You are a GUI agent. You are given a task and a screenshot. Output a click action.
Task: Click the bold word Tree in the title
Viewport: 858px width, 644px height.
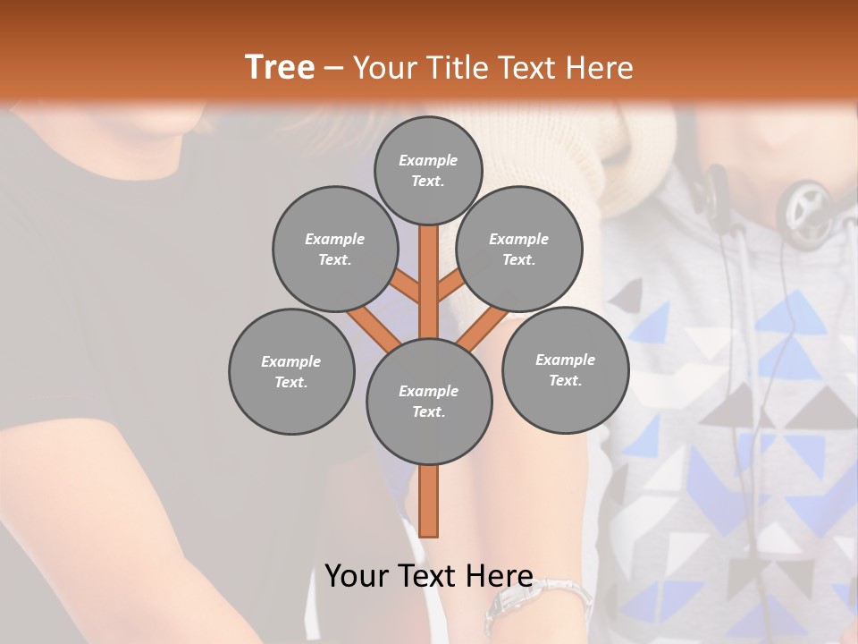280,68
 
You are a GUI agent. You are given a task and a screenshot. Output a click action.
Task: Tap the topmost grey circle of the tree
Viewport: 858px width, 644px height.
428,170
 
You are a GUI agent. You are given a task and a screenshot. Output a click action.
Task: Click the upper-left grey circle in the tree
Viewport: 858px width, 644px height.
334,249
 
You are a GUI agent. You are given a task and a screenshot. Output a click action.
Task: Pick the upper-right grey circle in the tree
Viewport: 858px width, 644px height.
519,249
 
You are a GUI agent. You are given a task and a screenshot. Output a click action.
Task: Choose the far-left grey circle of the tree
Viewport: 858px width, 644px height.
291,371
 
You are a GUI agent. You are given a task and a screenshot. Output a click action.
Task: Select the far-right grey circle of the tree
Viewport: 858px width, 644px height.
565,369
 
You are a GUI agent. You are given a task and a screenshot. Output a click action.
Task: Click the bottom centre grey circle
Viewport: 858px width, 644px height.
429,401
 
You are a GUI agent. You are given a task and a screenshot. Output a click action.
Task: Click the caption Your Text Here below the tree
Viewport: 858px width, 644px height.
429,576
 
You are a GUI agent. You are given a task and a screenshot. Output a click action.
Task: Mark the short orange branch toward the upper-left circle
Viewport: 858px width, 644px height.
407,287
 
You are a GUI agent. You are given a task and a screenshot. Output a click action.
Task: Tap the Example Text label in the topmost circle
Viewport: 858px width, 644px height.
428,170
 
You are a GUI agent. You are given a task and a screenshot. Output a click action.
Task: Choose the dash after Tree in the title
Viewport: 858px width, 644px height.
334,69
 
